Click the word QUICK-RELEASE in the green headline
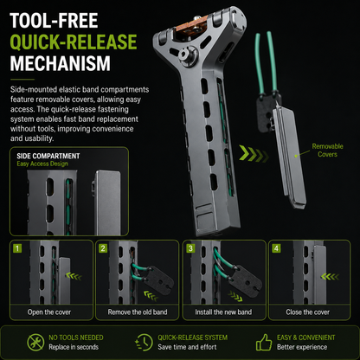coord(74,42)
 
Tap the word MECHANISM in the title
coord(61,63)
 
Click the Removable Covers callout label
coord(327,150)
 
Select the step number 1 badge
coord(17,248)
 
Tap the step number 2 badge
coord(103,248)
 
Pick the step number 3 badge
coord(190,248)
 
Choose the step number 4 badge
coord(276,248)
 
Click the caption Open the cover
coord(49,312)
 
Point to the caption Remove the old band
coord(138,312)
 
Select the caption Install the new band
coord(223,312)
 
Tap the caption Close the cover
coord(308,312)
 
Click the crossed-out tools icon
coord(35,343)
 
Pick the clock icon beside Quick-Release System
coord(144,343)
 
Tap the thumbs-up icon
coord(264,343)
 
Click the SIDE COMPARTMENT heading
coord(48,156)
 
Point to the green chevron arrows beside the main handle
coord(254,154)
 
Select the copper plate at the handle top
coord(190,25)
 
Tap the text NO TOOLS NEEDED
coord(76,337)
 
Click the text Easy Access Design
coord(42,164)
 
